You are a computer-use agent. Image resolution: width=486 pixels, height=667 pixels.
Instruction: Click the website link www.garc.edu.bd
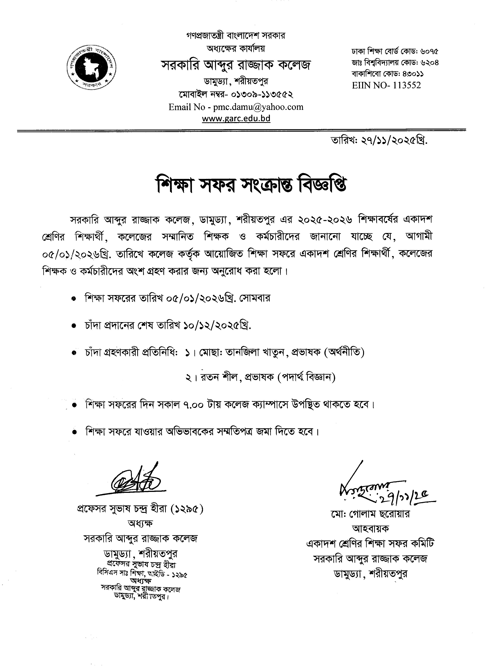[236, 118]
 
